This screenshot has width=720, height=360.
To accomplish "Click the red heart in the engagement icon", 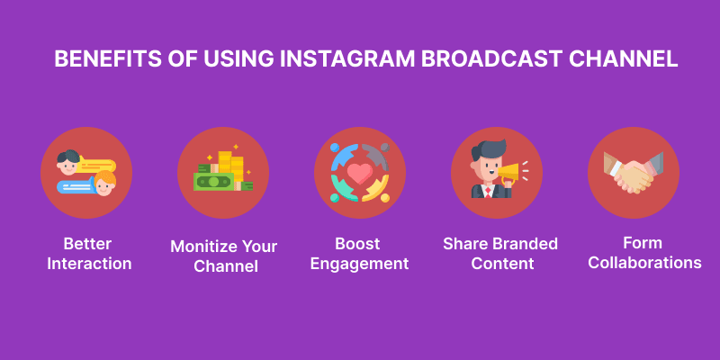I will (x=359, y=175).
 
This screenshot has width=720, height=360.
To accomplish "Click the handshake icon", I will (x=633, y=174).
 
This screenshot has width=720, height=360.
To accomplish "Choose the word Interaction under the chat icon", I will (x=86, y=264).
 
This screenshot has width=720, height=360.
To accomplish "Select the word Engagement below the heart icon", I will (x=360, y=264).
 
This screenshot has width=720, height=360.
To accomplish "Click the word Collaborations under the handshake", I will (x=633, y=263).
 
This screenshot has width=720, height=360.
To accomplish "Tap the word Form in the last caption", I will (x=633, y=243).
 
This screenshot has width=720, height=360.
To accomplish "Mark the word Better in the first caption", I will (x=86, y=244).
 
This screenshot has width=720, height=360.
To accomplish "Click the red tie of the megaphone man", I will (x=487, y=190).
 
